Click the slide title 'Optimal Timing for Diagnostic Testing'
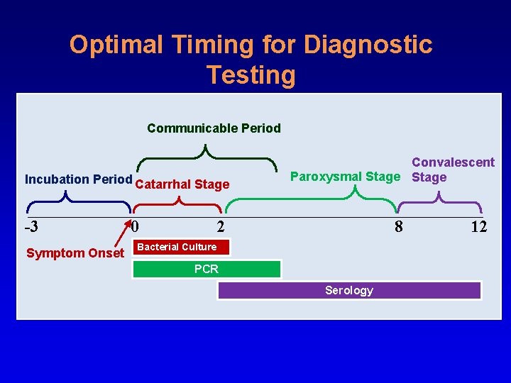click(x=251, y=59)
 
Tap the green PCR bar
click(x=207, y=269)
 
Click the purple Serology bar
click(x=349, y=290)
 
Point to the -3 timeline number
click(x=31, y=228)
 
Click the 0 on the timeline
click(x=136, y=228)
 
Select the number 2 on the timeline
click(x=221, y=228)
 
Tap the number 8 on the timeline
click(x=399, y=228)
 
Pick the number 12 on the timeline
click(x=478, y=228)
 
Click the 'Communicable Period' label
click(x=214, y=128)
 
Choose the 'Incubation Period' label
click(x=78, y=179)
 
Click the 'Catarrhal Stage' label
click(x=182, y=185)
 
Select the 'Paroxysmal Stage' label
click(x=346, y=177)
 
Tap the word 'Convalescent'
click(x=453, y=162)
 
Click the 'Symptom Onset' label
click(x=75, y=253)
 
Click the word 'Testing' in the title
click(x=251, y=74)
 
